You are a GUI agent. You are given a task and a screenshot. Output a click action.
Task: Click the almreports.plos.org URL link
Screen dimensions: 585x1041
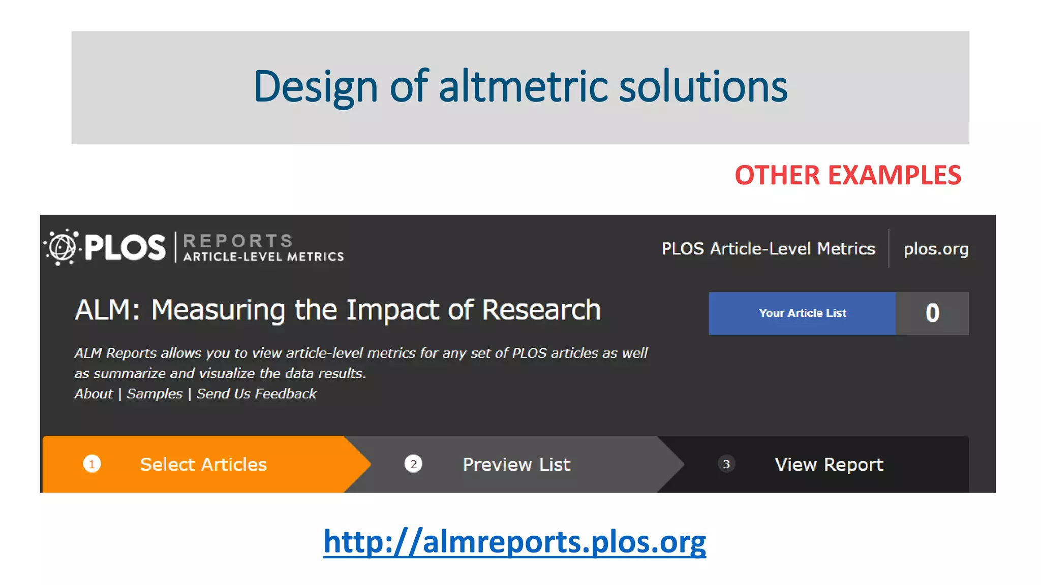[x=514, y=541]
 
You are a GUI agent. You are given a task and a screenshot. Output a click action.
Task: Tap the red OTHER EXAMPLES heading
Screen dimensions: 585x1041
[x=847, y=175]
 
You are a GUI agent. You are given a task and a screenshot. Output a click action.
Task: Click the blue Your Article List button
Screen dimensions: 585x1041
[x=802, y=313]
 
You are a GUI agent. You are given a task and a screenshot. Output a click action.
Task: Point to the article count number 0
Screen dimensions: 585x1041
[x=932, y=313]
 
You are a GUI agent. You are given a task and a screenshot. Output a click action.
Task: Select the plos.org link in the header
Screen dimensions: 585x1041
[x=936, y=249]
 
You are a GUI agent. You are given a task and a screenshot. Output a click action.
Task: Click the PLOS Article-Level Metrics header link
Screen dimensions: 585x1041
[x=768, y=249]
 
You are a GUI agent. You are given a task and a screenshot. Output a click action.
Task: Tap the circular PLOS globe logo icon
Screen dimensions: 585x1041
[x=62, y=247]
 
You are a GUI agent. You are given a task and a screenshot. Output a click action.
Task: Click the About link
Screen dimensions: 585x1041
[x=94, y=394]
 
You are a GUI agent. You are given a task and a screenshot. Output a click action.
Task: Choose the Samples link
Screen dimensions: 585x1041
[x=155, y=394]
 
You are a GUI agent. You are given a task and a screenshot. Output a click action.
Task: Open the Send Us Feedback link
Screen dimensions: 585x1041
[x=257, y=394]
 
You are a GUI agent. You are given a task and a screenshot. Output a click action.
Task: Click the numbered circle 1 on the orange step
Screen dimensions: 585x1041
[x=92, y=464]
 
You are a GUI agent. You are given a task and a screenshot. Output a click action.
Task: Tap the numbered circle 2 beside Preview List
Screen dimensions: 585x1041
[x=413, y=464]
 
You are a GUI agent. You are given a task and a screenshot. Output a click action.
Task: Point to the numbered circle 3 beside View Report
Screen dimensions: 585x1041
[x=726, y=464]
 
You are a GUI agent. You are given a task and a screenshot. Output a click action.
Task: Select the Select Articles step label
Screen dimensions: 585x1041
[x=203, y=465]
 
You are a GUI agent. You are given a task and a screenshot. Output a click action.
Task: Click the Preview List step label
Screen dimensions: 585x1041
[x=516, y=465]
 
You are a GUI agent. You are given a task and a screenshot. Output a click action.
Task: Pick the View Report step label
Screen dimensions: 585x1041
[x=829, y=465]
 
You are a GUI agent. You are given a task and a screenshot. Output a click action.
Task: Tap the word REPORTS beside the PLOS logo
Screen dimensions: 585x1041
[x=238, y=240]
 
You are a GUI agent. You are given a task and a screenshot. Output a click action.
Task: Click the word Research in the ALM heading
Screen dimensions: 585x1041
[x=541, y=310]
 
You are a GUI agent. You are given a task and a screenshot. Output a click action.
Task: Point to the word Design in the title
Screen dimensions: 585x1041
[x=315, y=87]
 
